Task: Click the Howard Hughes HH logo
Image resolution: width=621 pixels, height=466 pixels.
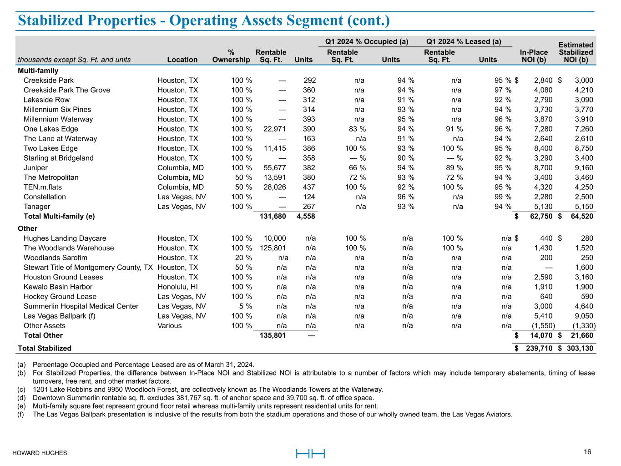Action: [x=310, y=453]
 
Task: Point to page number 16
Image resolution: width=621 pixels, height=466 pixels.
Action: [x=587, y=452]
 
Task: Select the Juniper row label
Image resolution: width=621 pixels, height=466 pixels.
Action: [x=35, y=168]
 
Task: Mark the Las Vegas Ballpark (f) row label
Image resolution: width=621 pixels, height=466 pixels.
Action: [x=59, y=316]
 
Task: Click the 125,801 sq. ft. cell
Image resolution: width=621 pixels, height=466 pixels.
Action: [x=272, y=248]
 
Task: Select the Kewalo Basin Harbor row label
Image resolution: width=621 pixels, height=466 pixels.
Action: [x=58, y=287]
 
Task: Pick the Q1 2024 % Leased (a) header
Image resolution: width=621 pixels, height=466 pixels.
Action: [x=463, y=42]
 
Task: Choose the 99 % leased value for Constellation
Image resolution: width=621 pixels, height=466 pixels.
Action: [x=502, y=197]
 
